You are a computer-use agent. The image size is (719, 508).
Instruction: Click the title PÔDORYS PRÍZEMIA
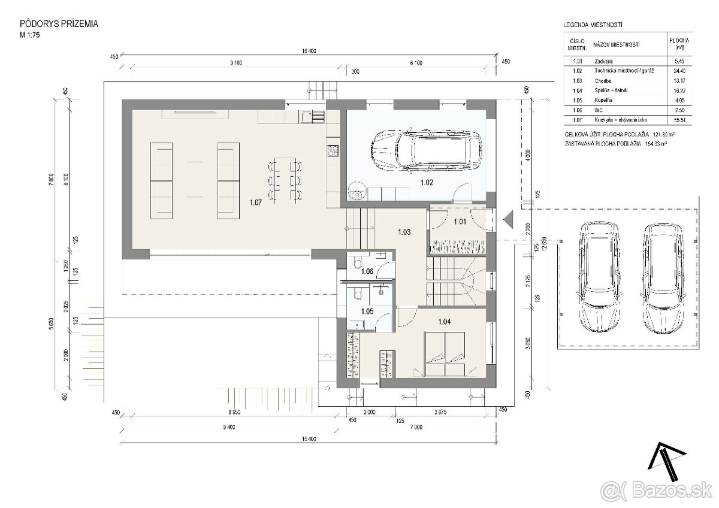coord(59,24)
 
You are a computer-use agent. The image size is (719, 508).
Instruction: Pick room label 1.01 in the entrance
coord(460,222)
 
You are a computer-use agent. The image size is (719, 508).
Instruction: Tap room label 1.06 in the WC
coord(367,271)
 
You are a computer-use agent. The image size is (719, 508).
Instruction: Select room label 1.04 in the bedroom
coord(444,322)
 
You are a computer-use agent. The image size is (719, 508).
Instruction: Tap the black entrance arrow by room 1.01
coord(508,220)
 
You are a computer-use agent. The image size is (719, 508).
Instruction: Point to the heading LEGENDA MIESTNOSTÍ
coord(593,25)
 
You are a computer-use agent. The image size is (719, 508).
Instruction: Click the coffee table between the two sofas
coord(195,178)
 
